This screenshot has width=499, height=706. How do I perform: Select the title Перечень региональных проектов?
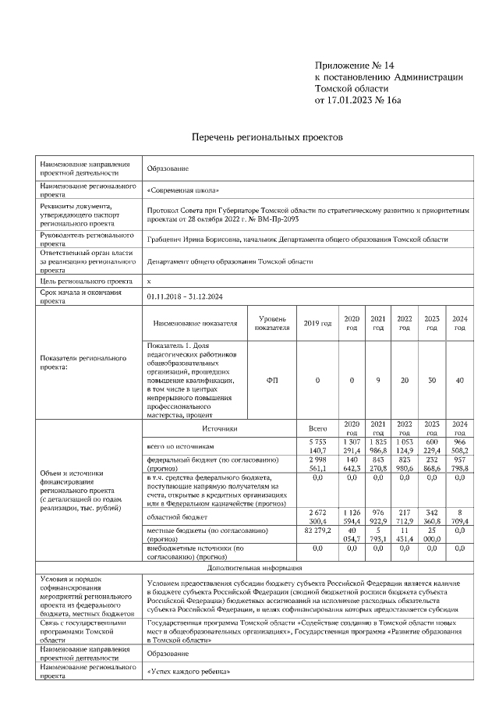pos(267,137)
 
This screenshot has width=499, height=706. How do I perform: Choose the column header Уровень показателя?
pos(271,323)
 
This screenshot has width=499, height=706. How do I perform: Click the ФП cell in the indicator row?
pos(271,380)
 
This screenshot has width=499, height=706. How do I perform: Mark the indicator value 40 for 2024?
pos(459,380)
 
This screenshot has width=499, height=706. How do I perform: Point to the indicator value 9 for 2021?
pos(378,380)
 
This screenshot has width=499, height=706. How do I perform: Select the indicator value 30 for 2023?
pos(431,380)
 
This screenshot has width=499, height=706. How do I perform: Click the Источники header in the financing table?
pos(219,428)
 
